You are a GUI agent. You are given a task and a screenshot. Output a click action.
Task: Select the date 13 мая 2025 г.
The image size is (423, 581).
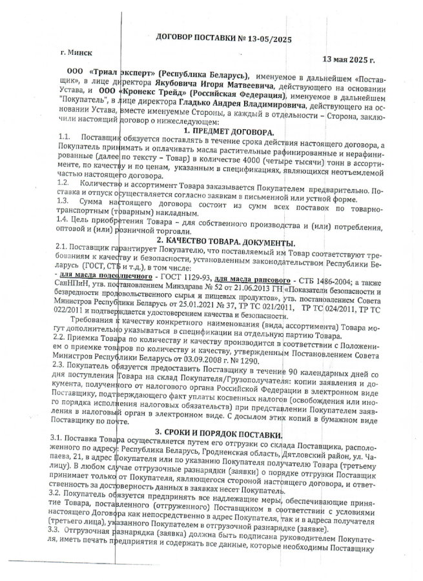348,60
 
